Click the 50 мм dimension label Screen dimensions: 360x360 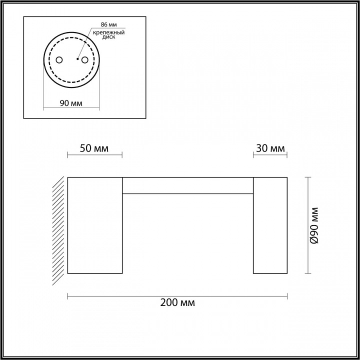[x=94, y=148]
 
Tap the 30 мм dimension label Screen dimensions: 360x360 [x=270, y=148]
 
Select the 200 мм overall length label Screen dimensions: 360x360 [x=177, y=302]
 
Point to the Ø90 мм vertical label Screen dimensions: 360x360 [x=314, y=225]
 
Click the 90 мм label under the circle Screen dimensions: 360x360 [x=70, y=103]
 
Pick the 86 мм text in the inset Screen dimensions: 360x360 [x=108, y=24]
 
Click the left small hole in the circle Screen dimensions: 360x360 [x=59, y=60]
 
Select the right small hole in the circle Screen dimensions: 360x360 [x=85, y=60]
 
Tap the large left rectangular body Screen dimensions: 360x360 [x=95, y=225]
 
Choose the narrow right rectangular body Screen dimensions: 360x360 [x=270, y=225]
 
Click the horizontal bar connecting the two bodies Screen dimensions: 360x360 [x=188, y=184]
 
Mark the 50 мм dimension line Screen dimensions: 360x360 [x=94, y=155]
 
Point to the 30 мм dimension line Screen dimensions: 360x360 [x=270, y=155]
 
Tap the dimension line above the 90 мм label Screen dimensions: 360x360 [x=71, y=108]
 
